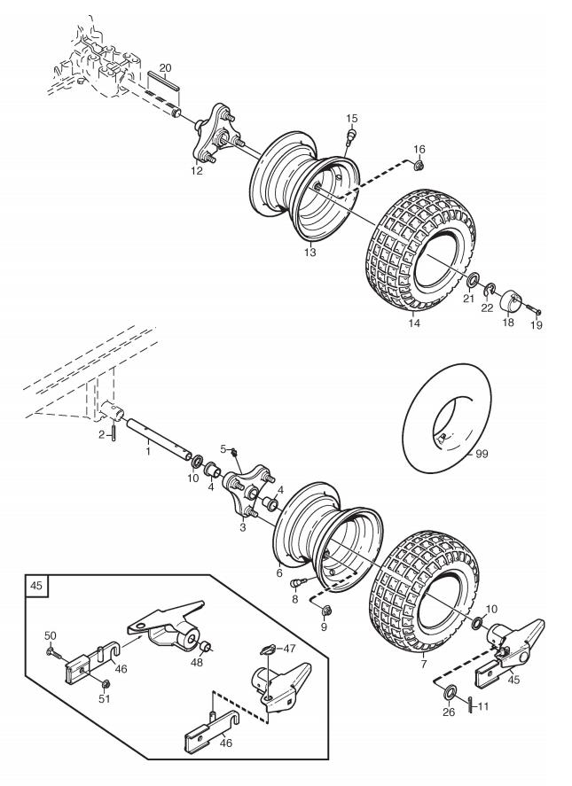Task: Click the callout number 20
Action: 165,67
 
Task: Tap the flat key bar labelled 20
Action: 163,81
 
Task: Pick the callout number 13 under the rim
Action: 310,253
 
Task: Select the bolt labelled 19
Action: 533,310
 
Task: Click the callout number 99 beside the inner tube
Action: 482,455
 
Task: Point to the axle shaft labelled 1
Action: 159,438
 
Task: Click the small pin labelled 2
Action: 114,432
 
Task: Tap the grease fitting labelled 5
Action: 233,453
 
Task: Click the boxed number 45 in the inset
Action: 36,585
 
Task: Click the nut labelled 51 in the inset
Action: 106,682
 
